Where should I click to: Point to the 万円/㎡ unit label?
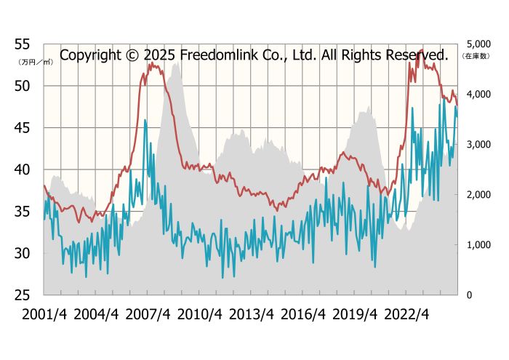pyautogui.click(x=35, y=63)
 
